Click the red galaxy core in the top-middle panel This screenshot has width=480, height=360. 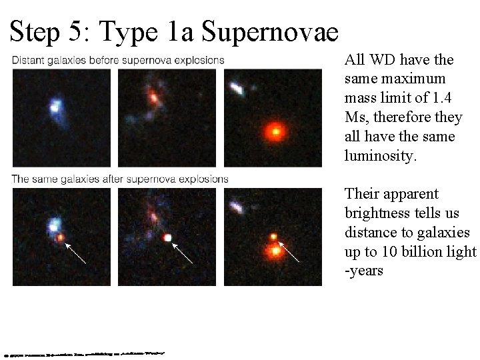[154, 97]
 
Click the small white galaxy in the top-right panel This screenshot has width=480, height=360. [237, 88]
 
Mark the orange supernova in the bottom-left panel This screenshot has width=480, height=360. [61, 237]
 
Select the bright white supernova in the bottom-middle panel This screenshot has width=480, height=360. [168, 237]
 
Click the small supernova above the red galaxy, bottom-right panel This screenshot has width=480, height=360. [273, 237]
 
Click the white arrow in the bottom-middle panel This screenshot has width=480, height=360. [183, 253]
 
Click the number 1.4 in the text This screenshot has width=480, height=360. [441, 99]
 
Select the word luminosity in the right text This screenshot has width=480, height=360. [375, 156]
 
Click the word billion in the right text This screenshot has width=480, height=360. [422, 252]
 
